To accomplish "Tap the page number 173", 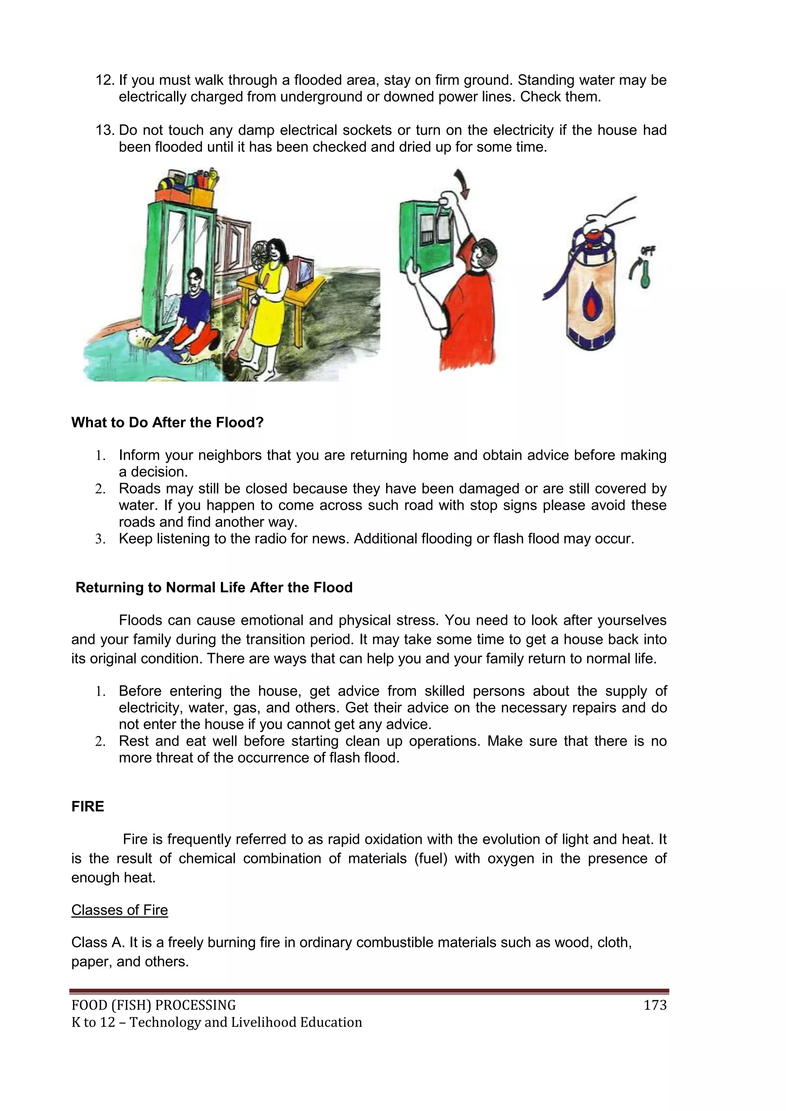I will tap(655, 1005).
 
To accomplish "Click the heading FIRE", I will tap(88, 806).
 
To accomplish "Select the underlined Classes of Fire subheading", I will tap(119, 910).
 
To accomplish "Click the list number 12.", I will tap(104, 80).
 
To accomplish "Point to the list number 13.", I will tap(104, 130).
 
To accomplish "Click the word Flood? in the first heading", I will tap(239, 423).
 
